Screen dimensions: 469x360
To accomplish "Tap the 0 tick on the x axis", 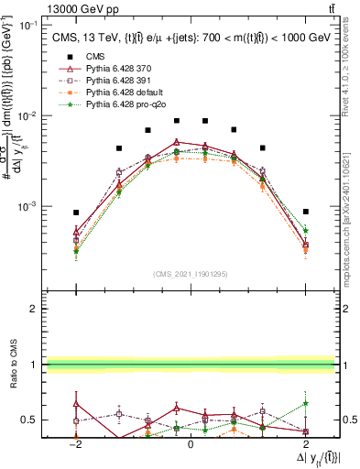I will pos(190,443).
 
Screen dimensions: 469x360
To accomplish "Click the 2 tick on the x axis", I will pos(303,443).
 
